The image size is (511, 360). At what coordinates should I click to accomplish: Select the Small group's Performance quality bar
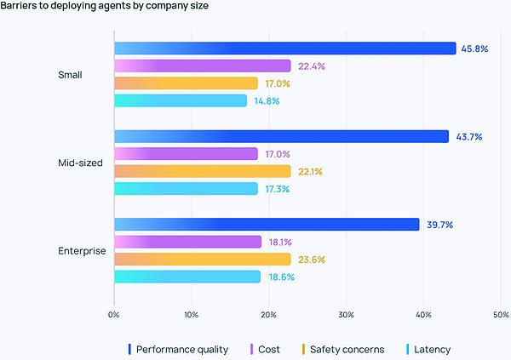pyautogui.click(x=284, y=49)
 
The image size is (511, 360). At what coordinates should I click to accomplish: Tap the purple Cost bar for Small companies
pyautogui.click(x=202, y=66)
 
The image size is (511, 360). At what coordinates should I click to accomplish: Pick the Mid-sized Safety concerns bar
pyautogui.click(x=202, y=171)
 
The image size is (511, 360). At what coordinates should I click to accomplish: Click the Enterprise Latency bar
pyautogui.click(x=187, y=277)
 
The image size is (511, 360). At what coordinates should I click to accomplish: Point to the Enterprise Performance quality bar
pyautogui.click(x=267, y=224)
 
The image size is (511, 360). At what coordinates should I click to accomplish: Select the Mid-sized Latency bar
pyautogui.click(x=186, y=189)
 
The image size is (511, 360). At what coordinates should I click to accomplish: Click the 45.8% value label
pyautogui.click(x=474, y=49)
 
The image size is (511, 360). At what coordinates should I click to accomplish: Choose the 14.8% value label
pyautogui.click(x=266, y=101)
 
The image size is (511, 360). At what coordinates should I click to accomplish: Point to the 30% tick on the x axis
pyautogui.click(x=346, y=315)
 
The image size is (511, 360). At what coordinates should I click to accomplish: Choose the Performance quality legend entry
pyautogui.click(x=179, y=349)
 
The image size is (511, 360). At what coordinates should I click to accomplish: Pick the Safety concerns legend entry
pyautogui.click(x=342, y=349)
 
